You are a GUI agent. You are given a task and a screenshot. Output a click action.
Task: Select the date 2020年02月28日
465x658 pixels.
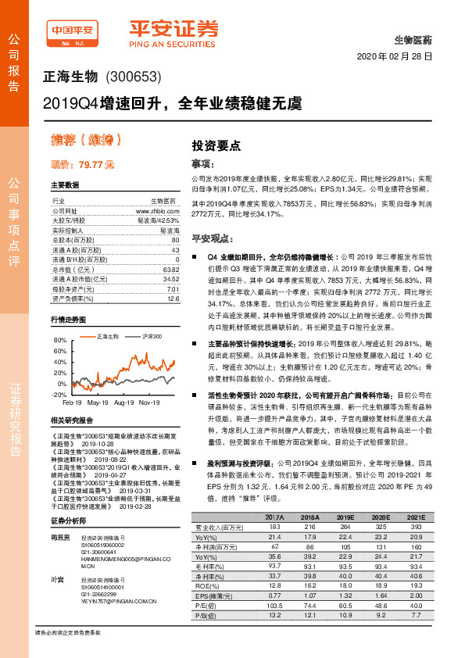coord(395,58)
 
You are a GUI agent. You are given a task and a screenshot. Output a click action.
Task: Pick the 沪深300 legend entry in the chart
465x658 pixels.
coord(130,336)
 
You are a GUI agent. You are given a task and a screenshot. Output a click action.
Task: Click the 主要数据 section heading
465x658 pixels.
coord(65,185)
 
